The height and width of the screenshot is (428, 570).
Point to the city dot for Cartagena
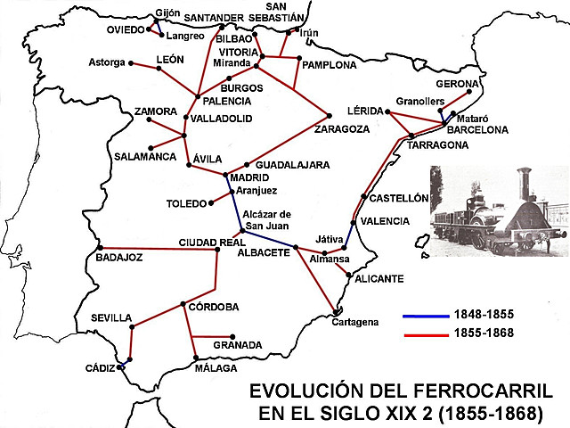click(x=335, y=311)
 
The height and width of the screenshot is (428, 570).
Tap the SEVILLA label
click(x=111, y=318)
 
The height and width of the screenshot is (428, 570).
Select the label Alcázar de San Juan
click(x=267, y=219)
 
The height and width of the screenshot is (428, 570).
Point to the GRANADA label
click(x=237, y=345)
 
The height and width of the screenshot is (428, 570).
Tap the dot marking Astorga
click(x=131, y=63)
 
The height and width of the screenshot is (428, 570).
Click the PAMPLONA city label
click(x=330, y=65)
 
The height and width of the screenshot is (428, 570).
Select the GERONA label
click(x=459, y=84)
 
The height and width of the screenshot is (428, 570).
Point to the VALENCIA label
click(x=386, y=221)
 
